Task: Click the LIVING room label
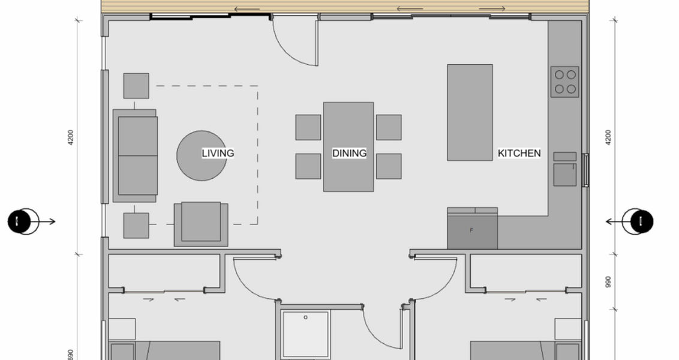point(218,154)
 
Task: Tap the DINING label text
point(349,154)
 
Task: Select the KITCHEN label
point(519,154)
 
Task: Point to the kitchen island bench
point(470,112)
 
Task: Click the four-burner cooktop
point(564,82)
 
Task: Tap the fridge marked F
point(472,230)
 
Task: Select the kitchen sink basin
point(564,174)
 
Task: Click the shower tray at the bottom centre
point(306,334)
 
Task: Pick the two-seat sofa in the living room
point(136,155)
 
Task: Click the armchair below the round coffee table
point(201,223)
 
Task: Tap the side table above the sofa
point(136,86)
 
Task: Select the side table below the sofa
point(136,225)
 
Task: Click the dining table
point(348,147)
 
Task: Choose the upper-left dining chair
point(308,127)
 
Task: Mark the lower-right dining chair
point(389,166)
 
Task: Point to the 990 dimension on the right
point(608,281)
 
